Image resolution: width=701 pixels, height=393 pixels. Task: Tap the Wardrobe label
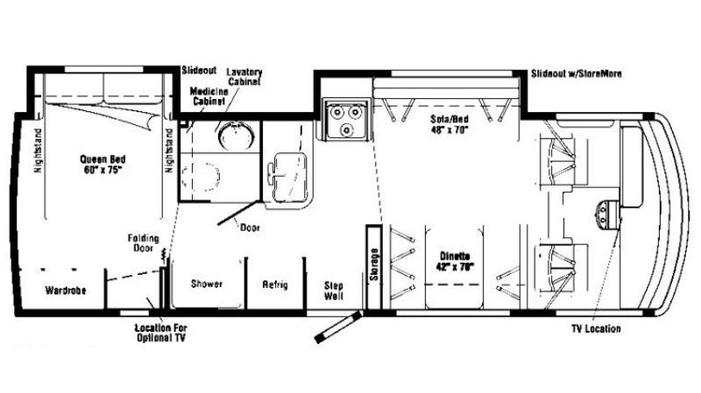pyautogui.click(x=66, y=291)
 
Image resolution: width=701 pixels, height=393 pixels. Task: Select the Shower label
pyautogui.click(x=207, y=284)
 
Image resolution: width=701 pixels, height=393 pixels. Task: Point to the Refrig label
pyautogui.click(x=275, y=284)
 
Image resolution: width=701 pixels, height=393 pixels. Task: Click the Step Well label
pyautogui.click(x=334, y=291)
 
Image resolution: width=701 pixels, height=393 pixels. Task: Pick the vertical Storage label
pyautogui.click(x=374, y=264)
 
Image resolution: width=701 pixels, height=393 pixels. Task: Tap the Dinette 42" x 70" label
pyautogui.click(x=455, y=262)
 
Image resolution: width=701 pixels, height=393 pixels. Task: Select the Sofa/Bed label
pyautogui.click(x=450, y=124)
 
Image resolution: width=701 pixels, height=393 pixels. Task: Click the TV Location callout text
pyautogui.click(x=596, y=329)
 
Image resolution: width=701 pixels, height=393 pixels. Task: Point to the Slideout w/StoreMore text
pyautogui.click(x=577, y=74)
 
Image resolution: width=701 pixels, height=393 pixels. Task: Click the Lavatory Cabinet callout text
pyautogui.click(x=244, y=77)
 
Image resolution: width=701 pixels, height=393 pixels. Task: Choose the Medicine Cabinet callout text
pyautogui.click(x=209, y=96)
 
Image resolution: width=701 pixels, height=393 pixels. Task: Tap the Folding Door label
pyautogui.click(x=143, y=243)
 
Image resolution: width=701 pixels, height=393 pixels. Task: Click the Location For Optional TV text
pyautogui.click(x=161, y=333)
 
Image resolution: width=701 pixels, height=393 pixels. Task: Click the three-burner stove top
pyautogui.click(x=347, y=119)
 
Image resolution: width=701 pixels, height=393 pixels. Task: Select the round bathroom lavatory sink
pyautogui.click(x=236, y=136)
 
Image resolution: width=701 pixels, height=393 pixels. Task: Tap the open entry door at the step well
pyautogui.click(x=338, y=327)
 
